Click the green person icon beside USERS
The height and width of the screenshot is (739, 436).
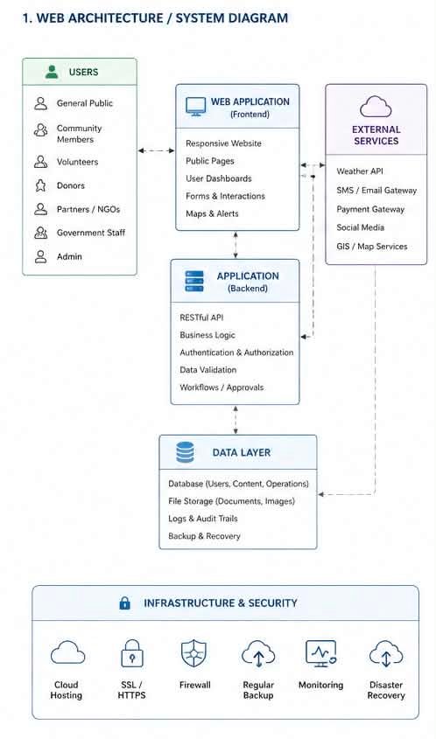tap(52, 72)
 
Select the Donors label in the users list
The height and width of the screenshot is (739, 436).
tap(71, 185)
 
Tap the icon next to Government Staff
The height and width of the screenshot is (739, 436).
tap(41, 233)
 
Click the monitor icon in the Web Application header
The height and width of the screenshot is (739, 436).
tap(195, 107)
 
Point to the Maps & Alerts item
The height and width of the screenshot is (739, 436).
tap(212, 213)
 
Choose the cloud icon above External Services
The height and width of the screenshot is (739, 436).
tap(376, 107)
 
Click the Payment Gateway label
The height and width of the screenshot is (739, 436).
tap(370, 209)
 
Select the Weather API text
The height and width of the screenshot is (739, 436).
tap(360, 171)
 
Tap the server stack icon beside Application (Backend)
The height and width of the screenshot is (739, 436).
tap(194, 281)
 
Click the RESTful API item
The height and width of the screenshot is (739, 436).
tap(201, 317)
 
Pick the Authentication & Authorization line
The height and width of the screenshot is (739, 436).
tap(236, 352)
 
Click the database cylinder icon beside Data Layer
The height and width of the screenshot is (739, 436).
tap(185, 452)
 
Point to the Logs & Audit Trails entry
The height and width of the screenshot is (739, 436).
tap(203, 519)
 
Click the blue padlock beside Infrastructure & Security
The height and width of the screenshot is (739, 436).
tap(124, 603)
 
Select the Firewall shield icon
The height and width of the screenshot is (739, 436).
tap(194, 653)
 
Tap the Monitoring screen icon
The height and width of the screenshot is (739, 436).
tap(321, 653)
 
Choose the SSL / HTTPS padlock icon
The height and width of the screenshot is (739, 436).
tap(131, 653)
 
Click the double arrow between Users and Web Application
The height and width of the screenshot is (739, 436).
tap(156, 150)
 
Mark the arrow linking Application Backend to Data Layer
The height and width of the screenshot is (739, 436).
tap(236, 420)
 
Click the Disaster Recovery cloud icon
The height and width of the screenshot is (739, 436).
tap(386, 653)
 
